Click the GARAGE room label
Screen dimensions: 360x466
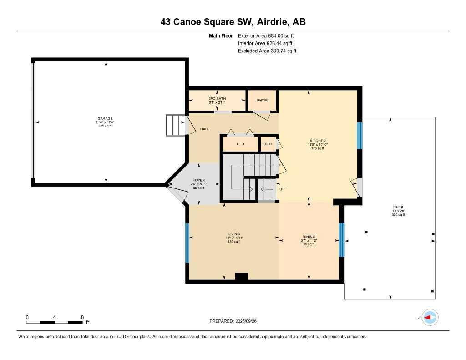[x=104, y=118]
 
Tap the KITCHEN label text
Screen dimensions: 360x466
[x=317, y=141]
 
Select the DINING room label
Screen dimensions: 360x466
[x=309, y=237]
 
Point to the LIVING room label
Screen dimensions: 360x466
[x=234, y=234]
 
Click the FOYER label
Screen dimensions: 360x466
[x=198, y=180]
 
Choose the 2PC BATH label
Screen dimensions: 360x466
[x=217, y=99]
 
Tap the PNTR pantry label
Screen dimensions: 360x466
[x=262, y=100]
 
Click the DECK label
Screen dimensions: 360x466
[x=398, y=207]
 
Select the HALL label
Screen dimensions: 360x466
[x=204, y=129]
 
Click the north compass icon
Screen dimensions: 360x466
[x=430, y=318]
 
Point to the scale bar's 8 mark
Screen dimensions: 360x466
[x=82, y=317]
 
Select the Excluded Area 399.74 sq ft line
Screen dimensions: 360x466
[x=267, y=51]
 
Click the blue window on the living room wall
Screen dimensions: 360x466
[x=187, y=243]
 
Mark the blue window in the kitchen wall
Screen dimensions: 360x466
[x=360, y=136]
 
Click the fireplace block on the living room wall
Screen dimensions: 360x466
[x=241, y=276]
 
